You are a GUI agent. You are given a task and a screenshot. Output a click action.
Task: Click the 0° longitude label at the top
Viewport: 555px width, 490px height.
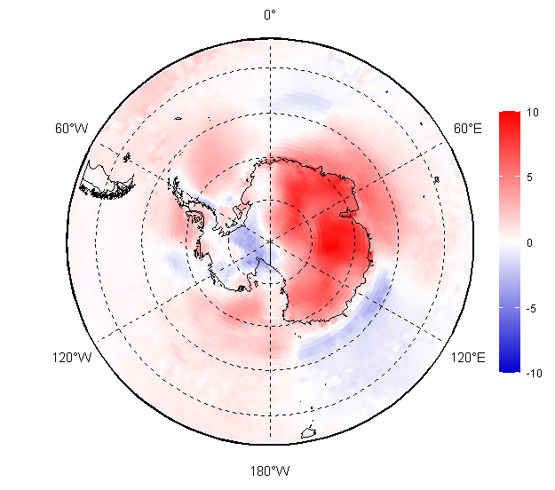pos(270,14)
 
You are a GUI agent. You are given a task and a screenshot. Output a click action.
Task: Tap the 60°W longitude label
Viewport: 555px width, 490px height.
pos(71,129)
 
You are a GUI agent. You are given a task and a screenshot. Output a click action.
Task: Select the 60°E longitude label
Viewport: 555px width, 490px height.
pos(468,129)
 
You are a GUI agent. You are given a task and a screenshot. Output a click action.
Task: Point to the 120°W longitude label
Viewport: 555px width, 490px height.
pos(71,358)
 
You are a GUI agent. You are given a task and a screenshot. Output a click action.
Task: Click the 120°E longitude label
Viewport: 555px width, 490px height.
pos(467,358)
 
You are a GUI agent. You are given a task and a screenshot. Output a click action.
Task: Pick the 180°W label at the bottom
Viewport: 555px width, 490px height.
pos(270,470)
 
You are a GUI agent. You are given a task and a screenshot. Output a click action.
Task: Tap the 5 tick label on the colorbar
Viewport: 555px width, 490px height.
pos(529,177)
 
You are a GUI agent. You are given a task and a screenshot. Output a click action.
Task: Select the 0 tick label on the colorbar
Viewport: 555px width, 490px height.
pos(529,242)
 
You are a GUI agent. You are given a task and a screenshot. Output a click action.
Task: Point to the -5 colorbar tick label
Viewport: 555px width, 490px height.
pos(531,308)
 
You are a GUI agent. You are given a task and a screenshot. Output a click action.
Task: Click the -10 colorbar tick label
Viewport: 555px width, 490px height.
pos(533,374)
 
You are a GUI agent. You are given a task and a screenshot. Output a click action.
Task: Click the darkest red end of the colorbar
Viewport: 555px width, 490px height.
pos(509,115)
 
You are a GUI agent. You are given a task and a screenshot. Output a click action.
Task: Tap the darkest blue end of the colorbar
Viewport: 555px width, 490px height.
pos(509,368)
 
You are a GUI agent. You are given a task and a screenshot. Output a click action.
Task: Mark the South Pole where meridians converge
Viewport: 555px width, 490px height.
pos(270,241)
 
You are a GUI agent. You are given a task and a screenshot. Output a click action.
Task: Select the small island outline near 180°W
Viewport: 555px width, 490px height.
pos(309,433)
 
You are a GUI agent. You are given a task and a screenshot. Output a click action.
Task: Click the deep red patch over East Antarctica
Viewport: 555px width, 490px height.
pos(333,240)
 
